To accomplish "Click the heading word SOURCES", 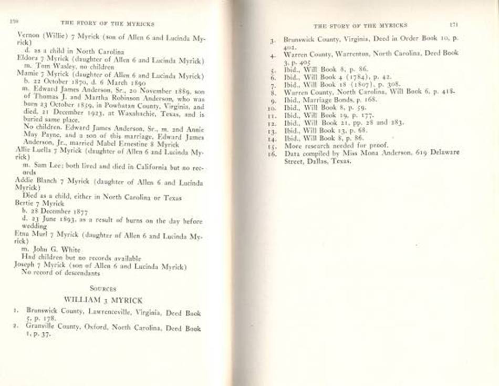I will tap(102, 288).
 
